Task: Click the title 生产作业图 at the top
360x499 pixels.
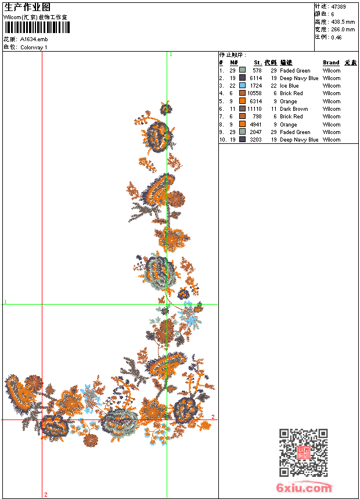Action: coord(27,7)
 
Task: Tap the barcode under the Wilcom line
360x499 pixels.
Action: coord(36,27)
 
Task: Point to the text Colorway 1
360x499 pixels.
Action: coord(34,47)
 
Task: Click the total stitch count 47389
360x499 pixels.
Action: coord(338,7)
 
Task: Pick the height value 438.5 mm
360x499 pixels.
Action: coord(343,21)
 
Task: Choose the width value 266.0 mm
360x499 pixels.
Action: coord(343,29)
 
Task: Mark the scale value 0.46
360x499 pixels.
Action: coord(336,37)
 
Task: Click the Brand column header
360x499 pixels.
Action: coord(331,63)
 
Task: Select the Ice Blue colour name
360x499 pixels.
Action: coord(289,86)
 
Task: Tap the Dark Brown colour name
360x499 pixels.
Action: coord(294,109)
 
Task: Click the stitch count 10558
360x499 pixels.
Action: coord(254,93)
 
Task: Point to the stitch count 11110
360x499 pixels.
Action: coord(254,109)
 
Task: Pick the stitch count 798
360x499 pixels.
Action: coord(257,117)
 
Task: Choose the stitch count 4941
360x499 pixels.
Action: coord(255,125)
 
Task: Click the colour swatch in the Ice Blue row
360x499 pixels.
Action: coord(242,86)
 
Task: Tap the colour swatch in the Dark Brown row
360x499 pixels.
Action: coord(242,109)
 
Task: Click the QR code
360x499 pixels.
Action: coord(303,453)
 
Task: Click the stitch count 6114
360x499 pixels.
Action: coord(255,78)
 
